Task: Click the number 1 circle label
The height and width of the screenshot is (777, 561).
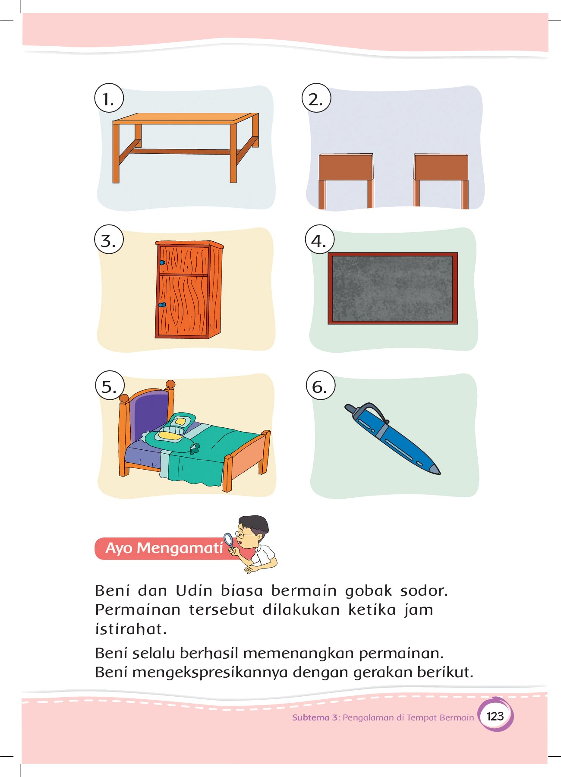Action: pyautogui.click(x=109, y=98)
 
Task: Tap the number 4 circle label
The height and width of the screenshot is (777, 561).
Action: pyautogui.click(x=319, y=240)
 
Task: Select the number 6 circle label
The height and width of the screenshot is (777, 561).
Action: pyautogui.click(x=320, y=385)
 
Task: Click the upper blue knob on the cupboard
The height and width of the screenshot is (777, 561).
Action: pyautogui.click(x=162, y=262)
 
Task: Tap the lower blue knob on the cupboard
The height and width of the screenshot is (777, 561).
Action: pyautogui.click(x=162, y=305)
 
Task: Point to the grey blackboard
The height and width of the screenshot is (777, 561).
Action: pyautogui.click(x=393, y=288)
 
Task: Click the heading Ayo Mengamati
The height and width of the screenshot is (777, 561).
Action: pyautogui.click(x=164, y=548)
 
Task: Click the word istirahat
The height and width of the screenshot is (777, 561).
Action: pyautogui.click(x=131, y=629)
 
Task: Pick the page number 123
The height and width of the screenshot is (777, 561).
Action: pyautogui.click(x=495, y=717)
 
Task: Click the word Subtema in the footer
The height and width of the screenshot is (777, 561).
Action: pyautogui.click(x=311, y=717)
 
